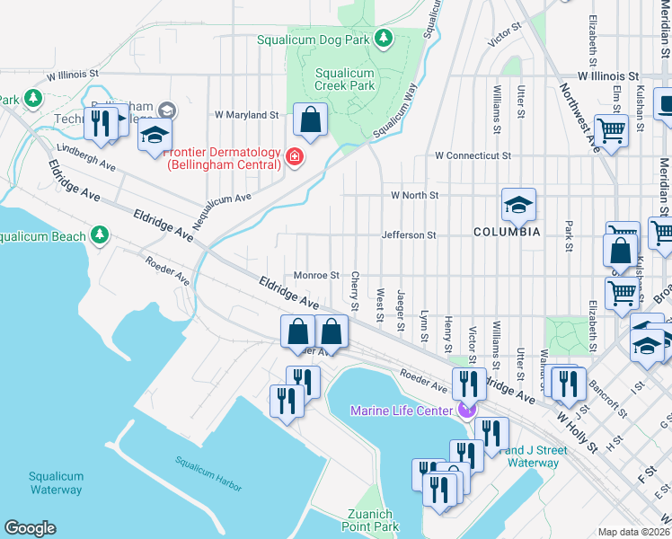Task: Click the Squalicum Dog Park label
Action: tap(314, 40)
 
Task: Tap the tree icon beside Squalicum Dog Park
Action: tap(384, 38)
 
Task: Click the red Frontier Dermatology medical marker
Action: tap(293, 159)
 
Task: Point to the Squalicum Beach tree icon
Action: tap(100, 236)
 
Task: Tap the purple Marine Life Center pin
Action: tap(465, 411)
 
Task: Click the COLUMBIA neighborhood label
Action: tap(507, 232)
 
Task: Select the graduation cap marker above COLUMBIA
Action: tap(518, 206)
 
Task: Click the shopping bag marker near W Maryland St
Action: tap(310, 120)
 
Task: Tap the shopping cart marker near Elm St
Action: tap(611, 131)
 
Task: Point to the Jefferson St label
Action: tap(408, 235)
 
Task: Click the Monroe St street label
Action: tap(316, 276)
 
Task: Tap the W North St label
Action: tap(414, 195)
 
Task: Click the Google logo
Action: tap(30, 527)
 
